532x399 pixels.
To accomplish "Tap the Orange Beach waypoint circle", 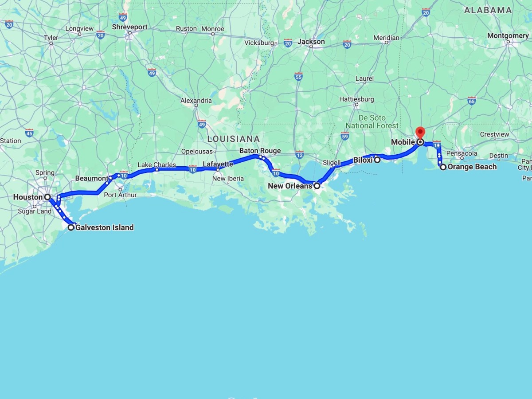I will (x=443, y=167).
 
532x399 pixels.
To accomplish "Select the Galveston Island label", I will (x=104, y=227).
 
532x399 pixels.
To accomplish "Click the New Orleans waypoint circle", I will (x=317, y=186).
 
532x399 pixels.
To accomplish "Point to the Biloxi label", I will (x=363, y=160).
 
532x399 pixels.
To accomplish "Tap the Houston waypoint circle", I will (x=47, y=197).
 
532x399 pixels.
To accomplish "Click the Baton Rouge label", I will (x=260, y=151).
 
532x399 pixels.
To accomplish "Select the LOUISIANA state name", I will (x=233, y=139).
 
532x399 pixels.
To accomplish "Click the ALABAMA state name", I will (x=488, y=10).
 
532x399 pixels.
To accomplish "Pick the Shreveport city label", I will (x=129, y=27).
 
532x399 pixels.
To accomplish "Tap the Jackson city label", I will (x=311, y=42).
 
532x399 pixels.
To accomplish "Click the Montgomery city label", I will (x=508, y=35).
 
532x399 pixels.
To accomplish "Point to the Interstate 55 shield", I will (x=298, y=77).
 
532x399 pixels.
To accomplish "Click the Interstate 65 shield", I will (x=471, y=100).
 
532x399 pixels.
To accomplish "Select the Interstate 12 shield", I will (x=299, y=154).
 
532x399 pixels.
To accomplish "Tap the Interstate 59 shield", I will (x=345, y=135).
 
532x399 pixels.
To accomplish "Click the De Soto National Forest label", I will (x=372, y=122).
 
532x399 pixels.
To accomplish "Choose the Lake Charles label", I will (x=156, y=165).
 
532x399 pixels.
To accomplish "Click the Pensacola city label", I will (x=462, y=153).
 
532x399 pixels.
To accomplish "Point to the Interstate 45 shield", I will (x=29, y=133).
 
